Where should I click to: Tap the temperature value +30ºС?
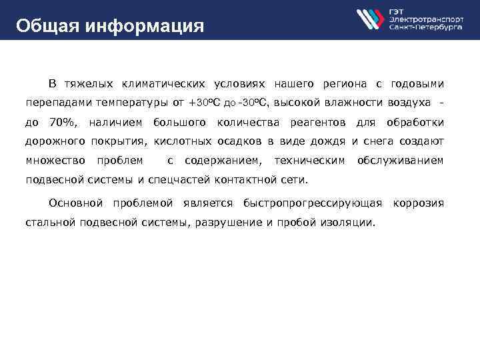[x=205, y=103]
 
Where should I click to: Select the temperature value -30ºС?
[x=256, y=103]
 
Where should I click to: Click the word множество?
[x=55, y=160]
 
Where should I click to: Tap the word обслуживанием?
[x=400, y=160]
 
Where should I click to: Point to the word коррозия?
[x=418, y=202]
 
